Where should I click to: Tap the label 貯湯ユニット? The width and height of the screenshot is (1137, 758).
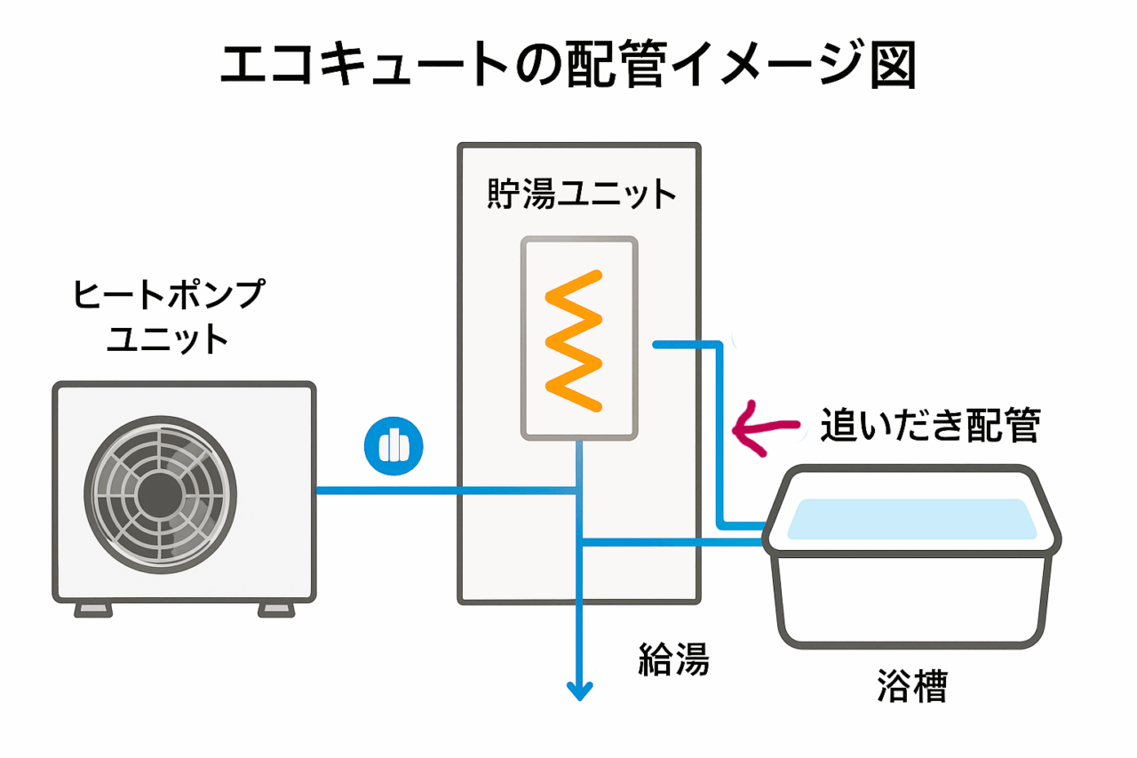coord(582,195)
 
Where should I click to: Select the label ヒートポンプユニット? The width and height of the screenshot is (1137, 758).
coord(168,315)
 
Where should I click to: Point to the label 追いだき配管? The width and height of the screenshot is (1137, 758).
coord(929,427)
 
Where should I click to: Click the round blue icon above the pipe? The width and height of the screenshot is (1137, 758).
coord(394,444)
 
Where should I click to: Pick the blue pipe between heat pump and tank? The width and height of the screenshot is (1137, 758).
coord(386,491)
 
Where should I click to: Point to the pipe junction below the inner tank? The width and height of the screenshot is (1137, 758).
coord(579,491)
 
